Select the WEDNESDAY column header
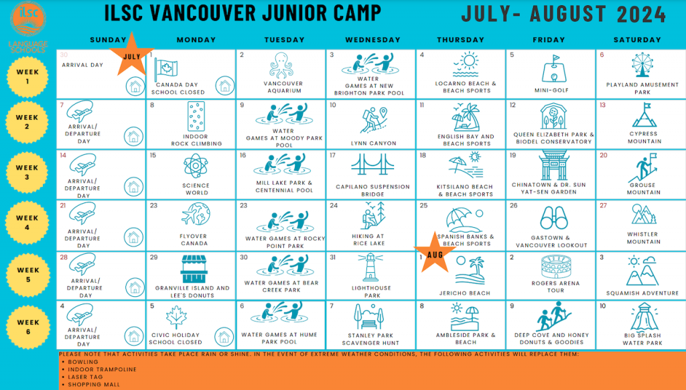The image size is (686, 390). (x=372, y=40)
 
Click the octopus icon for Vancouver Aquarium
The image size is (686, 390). (x=281, y=66)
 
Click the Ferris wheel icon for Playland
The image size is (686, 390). (x=642, y=66)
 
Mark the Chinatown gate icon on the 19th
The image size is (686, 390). (x=552, y=166)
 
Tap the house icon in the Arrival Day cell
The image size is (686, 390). (x=135, y=85)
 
